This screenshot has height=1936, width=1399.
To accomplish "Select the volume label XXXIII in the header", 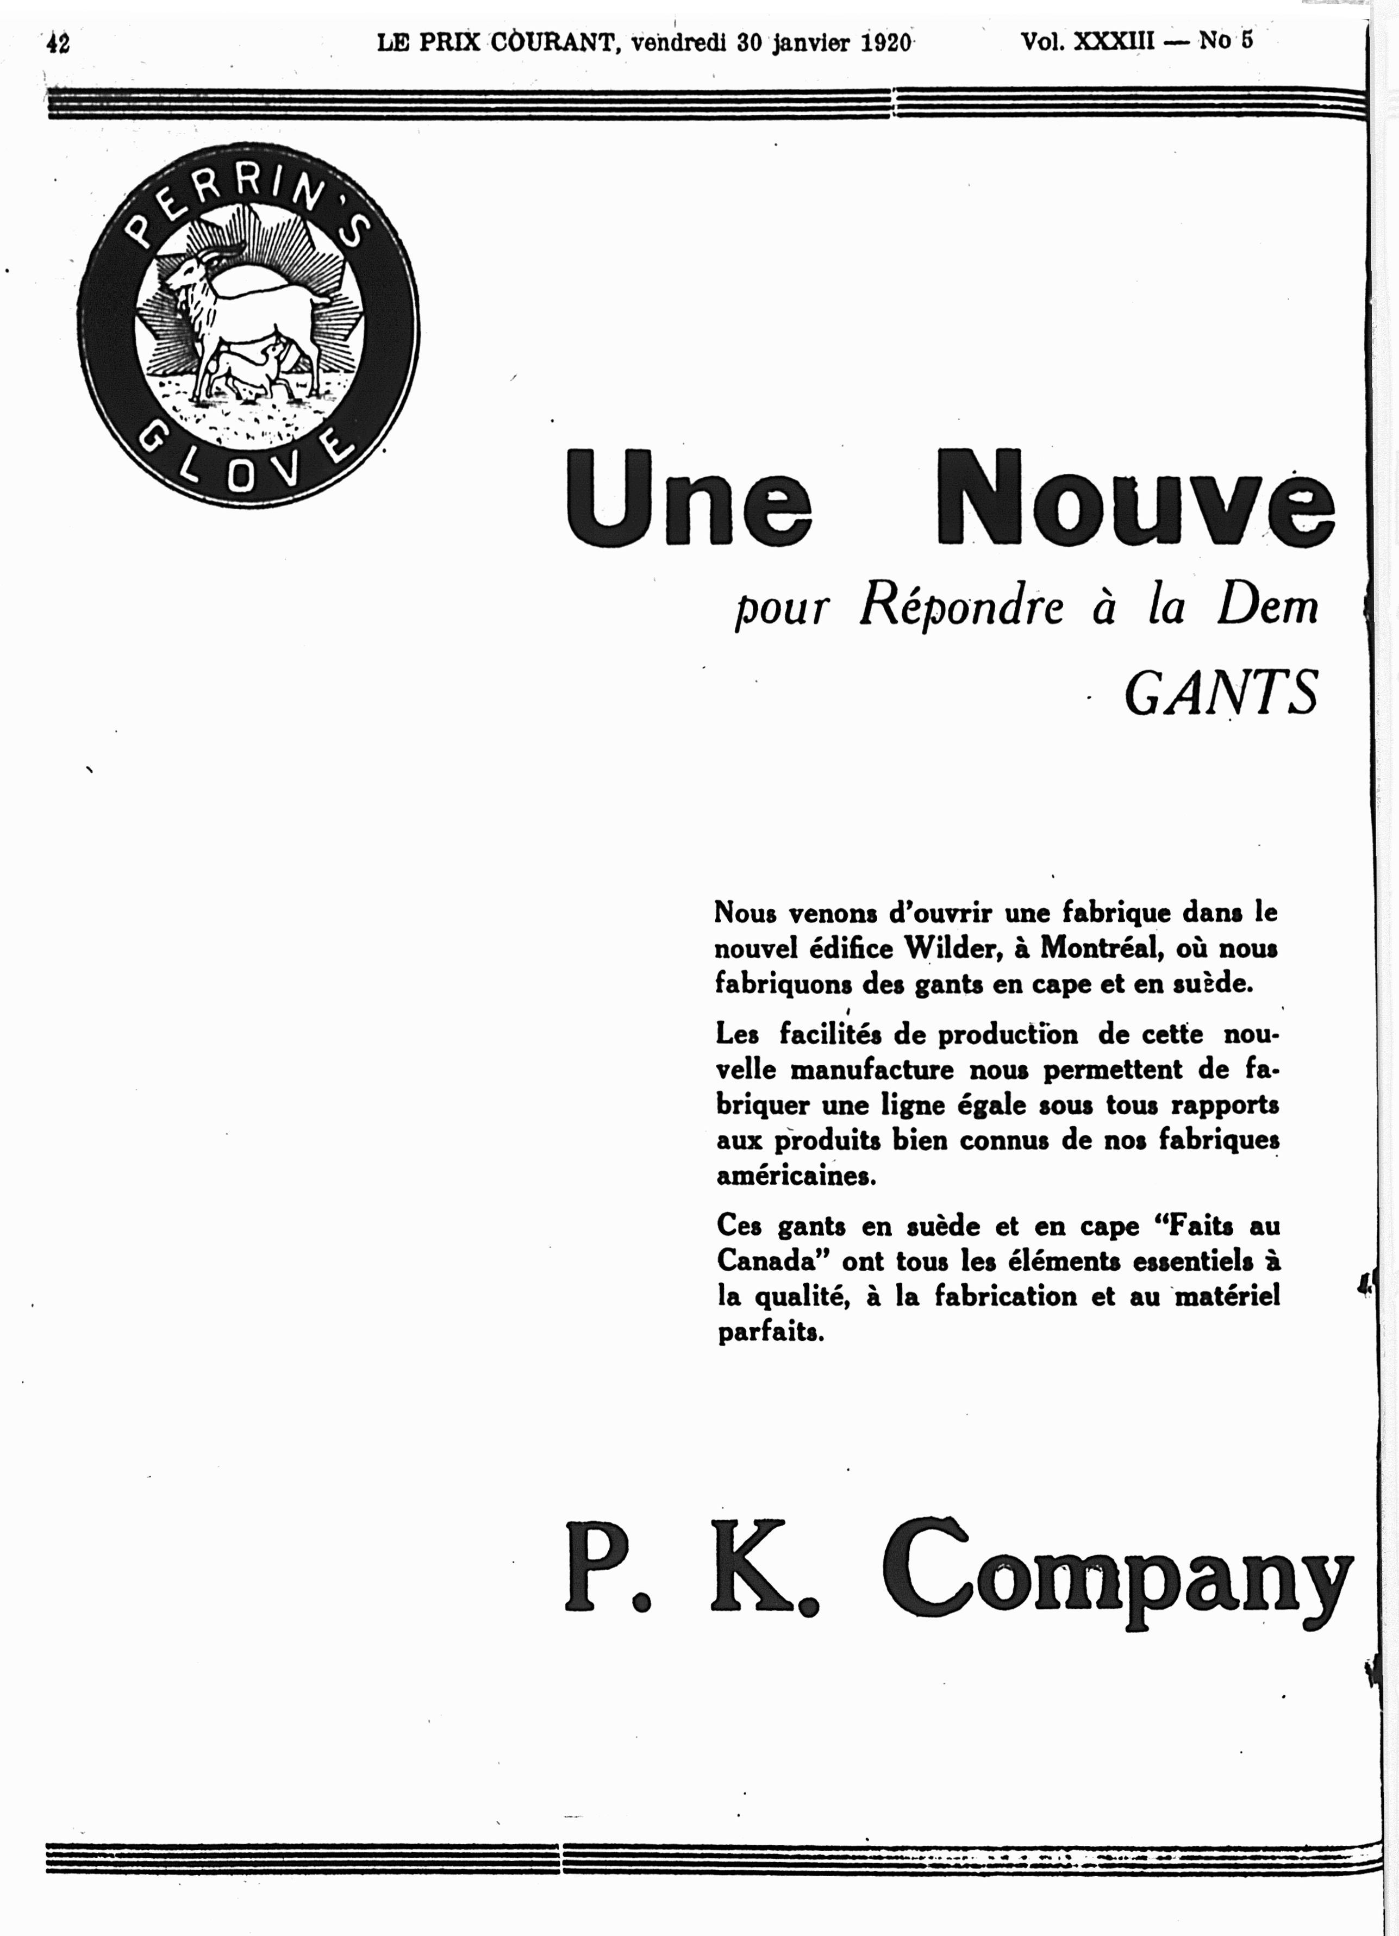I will (1113, 41).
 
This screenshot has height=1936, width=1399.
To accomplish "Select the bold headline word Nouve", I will (1135, 499).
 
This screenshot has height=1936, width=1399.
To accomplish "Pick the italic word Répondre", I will (961, 608).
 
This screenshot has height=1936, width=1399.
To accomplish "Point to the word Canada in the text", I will (772, 1261).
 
